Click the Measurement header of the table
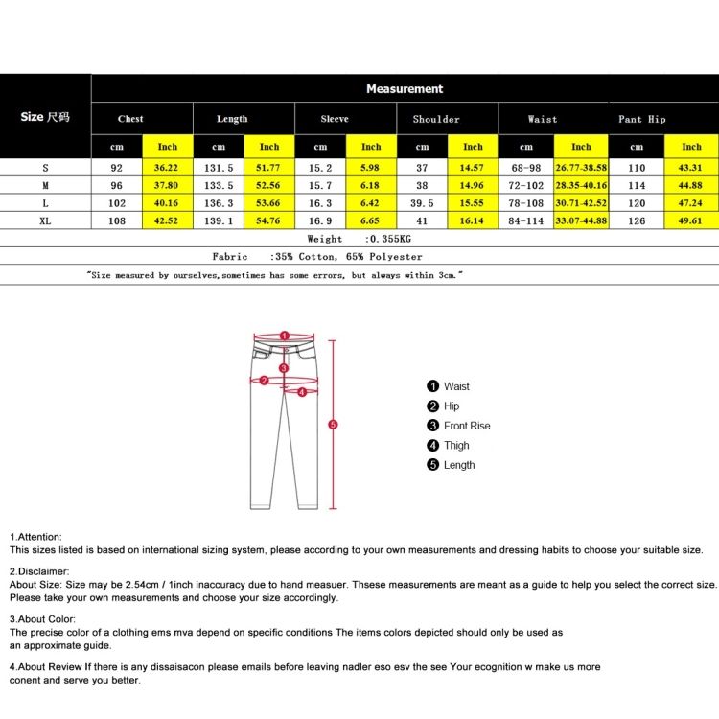(405, 89)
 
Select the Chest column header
(130, 119)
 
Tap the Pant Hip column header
(642, 119)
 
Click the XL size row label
(45, 220)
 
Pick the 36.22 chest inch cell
(168, 168)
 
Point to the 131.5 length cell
(219, 168)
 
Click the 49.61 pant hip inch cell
(691, 220)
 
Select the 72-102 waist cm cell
(526, 185)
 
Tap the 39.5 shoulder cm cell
(423, 203)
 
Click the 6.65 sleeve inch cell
(371, 220)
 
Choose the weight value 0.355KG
(375, 239)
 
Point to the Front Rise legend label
(467, 426)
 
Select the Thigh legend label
(456, 445)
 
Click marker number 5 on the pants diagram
(333, 424)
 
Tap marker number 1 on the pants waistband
(284, 336)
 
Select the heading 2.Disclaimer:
(39, 571)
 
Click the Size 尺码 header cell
(45, 117)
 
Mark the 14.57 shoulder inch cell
(474, 168)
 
